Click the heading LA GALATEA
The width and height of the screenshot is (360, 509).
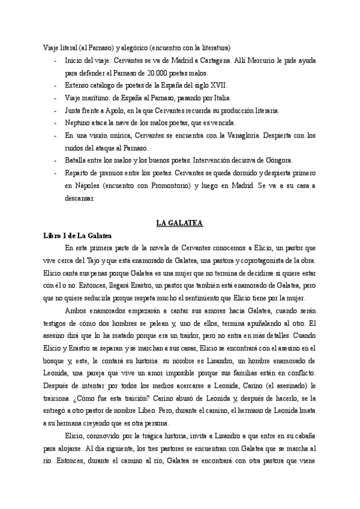coord(179,223)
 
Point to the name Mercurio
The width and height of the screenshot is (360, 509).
coord(268,61)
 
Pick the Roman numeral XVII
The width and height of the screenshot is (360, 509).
coord(218,86)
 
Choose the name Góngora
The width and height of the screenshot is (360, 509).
coord(278,161)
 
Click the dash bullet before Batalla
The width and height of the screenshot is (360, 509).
coord(55,161)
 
